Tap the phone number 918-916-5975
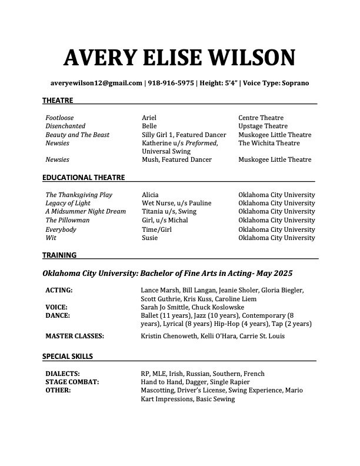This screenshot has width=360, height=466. click(x=171, y=83)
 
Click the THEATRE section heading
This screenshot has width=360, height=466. click(x=58, y=101)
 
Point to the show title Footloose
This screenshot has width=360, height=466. click(x=60, y=118)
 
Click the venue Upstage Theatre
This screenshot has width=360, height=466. click(x=263, y=126)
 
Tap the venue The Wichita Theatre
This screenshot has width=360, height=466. click(x=269, y=143)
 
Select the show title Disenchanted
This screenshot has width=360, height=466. click(x=65, y=126)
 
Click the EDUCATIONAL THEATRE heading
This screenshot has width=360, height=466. click(x=83, y=177)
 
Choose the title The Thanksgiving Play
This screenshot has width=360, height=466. click(x=79, y=195)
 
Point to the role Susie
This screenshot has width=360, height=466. click(x=150, y=238)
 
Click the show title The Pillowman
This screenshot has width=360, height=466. click(x=68, y=220)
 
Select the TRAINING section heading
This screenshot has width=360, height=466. click(x=59, y=255)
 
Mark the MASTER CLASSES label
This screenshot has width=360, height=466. click(x=75, y=336)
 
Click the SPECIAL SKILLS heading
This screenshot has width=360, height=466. click(x=68, y=356)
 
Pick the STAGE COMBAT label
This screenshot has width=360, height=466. click(x=72, y=382)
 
